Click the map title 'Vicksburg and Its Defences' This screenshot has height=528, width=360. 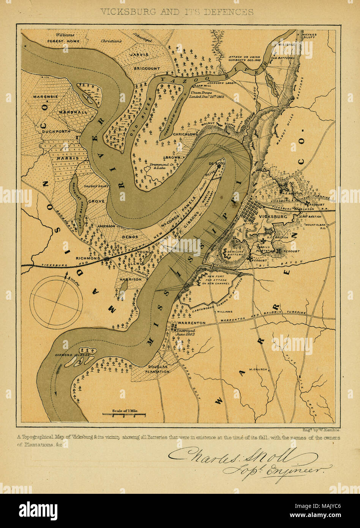coord(177,12)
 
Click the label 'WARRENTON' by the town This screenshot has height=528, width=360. coord(191,323)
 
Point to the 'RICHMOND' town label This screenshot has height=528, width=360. coord(88,258)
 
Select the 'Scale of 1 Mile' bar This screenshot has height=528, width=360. coord(124,413)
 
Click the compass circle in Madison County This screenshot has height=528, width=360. coord(56,302)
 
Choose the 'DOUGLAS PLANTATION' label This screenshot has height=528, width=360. coord(159,369)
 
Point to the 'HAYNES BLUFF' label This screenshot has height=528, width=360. coord(309,36)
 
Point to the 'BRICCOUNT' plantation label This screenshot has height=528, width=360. coord(147,68)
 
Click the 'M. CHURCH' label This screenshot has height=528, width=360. coord(258,369)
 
